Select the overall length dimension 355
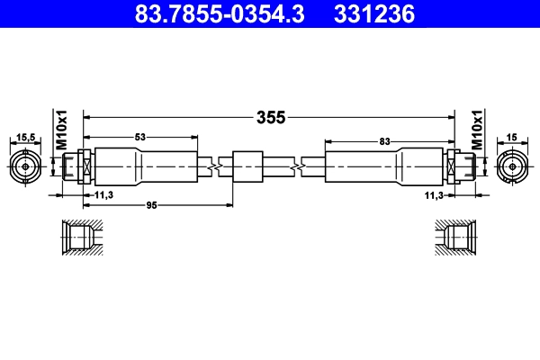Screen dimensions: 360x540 click(x=270, y=117)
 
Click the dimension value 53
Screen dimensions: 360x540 click(x=140, y=138)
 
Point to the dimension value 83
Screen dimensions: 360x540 click(x=384, y=141)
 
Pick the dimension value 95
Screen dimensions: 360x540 click(x=150, y=206)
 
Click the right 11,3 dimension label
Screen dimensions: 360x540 click(x=435, y=194)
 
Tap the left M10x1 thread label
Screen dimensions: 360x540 click(x=63, y=130)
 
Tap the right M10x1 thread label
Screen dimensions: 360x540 click(x=478, y=130)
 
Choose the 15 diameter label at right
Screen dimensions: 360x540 click(x=512, y=137)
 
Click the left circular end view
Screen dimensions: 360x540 click(x=26, y=166)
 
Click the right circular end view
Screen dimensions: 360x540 click(x=513, y=166)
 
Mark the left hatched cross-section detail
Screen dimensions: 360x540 click(x=81, y=238)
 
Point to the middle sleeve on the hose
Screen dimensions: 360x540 click(x=247, y=166)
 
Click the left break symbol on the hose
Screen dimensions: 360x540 click(x=212, y=166)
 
